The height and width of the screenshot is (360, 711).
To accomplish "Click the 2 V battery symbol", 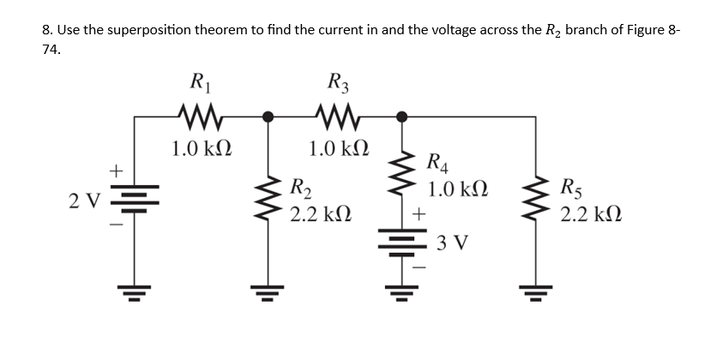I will click(134, 201).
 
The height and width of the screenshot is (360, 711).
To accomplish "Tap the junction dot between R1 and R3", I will click(268, 117).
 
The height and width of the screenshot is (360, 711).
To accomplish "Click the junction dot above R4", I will click(400, 117).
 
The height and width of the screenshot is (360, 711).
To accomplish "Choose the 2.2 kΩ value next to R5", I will click(591, 213).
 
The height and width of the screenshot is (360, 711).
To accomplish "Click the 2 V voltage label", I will click(86, 201).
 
